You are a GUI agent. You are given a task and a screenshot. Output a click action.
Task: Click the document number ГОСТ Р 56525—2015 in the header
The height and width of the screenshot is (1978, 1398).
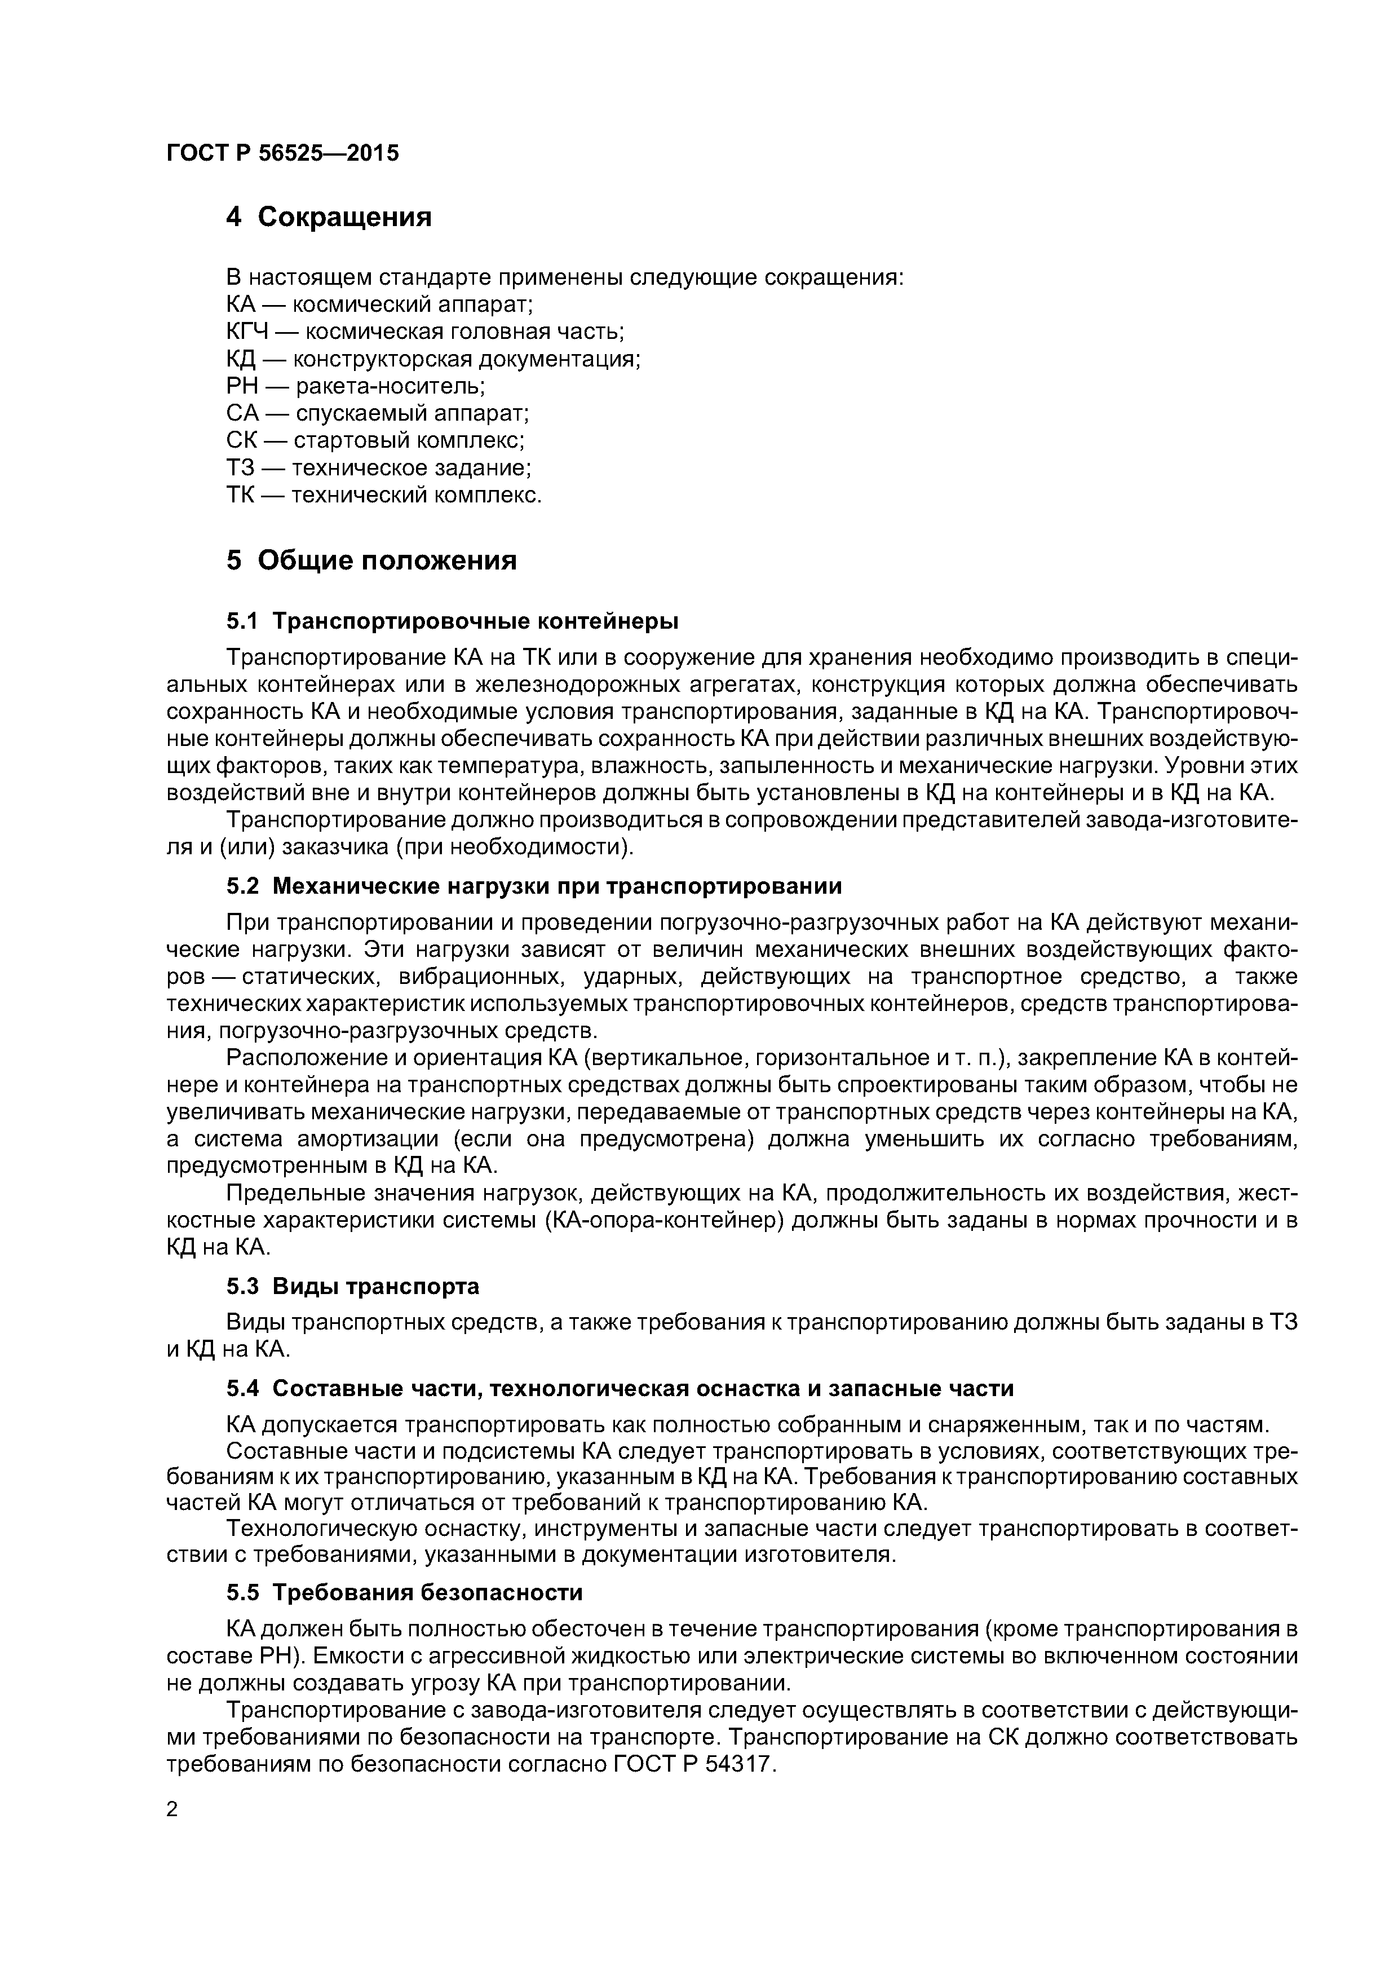click(x=282, y=153)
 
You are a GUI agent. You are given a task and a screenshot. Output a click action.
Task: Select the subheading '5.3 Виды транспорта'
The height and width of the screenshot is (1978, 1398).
click(x=352, y=1286)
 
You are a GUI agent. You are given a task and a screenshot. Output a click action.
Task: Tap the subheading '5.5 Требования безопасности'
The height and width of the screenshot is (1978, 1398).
click(x=404, y=1593)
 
